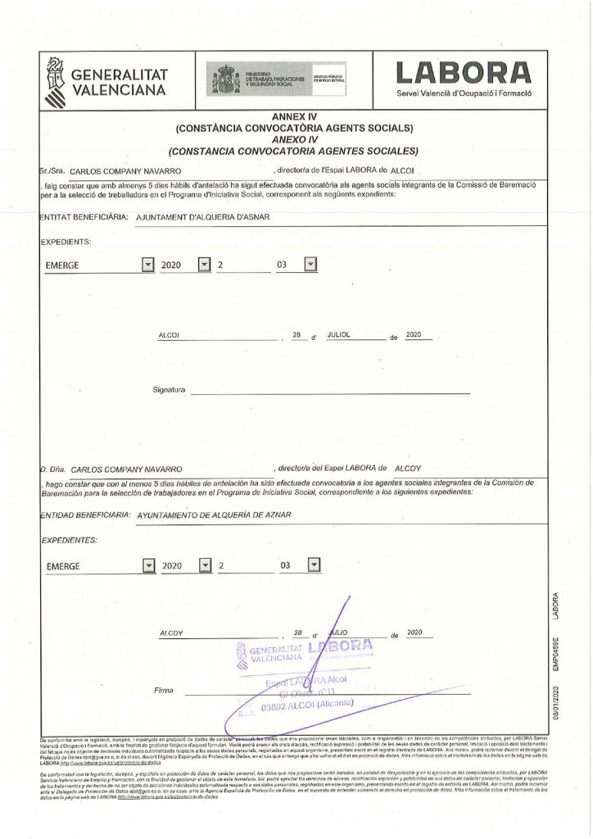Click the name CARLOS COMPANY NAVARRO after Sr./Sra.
[125, 171]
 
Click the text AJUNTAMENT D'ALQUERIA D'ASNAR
[203, 217]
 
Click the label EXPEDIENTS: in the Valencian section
[66, 242]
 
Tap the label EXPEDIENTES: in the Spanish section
[69, 540]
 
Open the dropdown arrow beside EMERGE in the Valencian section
[147, 265]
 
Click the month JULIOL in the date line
[338, 336]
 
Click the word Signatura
[170, 389]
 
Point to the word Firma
[165, 691]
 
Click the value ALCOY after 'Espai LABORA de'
[407, 469]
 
